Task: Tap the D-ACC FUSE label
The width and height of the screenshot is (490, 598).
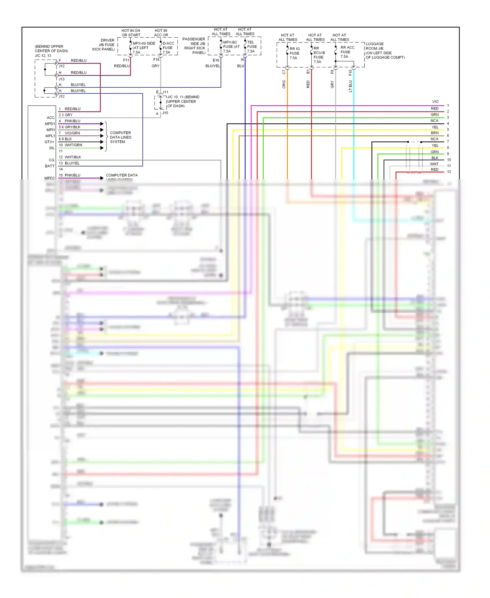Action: [168, 48]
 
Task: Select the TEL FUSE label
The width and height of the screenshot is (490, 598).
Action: [252, 46]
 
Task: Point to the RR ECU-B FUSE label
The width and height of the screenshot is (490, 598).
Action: [319, 55]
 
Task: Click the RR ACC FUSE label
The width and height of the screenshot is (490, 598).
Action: [347, 52]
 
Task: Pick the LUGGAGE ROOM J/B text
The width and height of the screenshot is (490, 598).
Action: [374, 46]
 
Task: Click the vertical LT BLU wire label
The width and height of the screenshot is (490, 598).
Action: [351, 86]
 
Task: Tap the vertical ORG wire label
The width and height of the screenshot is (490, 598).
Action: [284, 84]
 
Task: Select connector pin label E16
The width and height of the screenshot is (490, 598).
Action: [216, 60]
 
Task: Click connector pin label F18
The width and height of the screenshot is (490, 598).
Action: [156, 60]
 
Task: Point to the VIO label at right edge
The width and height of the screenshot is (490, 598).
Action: [435, 102]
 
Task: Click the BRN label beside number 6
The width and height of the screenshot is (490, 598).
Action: [434, 133]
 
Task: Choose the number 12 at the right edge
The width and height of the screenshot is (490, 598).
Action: [449, 172]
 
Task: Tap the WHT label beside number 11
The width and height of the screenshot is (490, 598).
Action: [434, 164]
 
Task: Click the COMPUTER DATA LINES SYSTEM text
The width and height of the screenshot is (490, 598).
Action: [121, 137]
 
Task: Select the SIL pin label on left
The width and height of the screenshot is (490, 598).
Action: [52, 148]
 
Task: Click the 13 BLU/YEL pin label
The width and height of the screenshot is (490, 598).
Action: [69, 163]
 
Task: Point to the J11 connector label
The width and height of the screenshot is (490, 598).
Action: [165, 92]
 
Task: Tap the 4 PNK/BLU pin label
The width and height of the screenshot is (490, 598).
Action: [69, 121]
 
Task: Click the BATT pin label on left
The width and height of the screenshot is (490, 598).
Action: [50, 166]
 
